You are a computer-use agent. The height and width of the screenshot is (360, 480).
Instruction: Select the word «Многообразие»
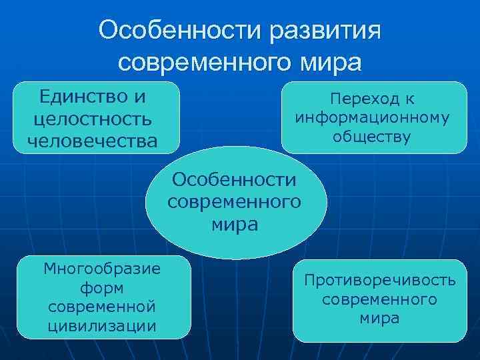tap(101, 269)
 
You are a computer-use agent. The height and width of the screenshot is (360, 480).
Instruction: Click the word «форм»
tap(101, 287)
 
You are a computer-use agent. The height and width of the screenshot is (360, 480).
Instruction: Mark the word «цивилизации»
tap(101, 325)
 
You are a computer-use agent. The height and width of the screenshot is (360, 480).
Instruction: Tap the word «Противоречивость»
tap(380, 280)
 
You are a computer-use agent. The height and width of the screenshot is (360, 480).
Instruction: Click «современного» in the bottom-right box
tap(380, 299)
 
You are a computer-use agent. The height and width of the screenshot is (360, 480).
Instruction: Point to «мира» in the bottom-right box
tap(380, 318)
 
